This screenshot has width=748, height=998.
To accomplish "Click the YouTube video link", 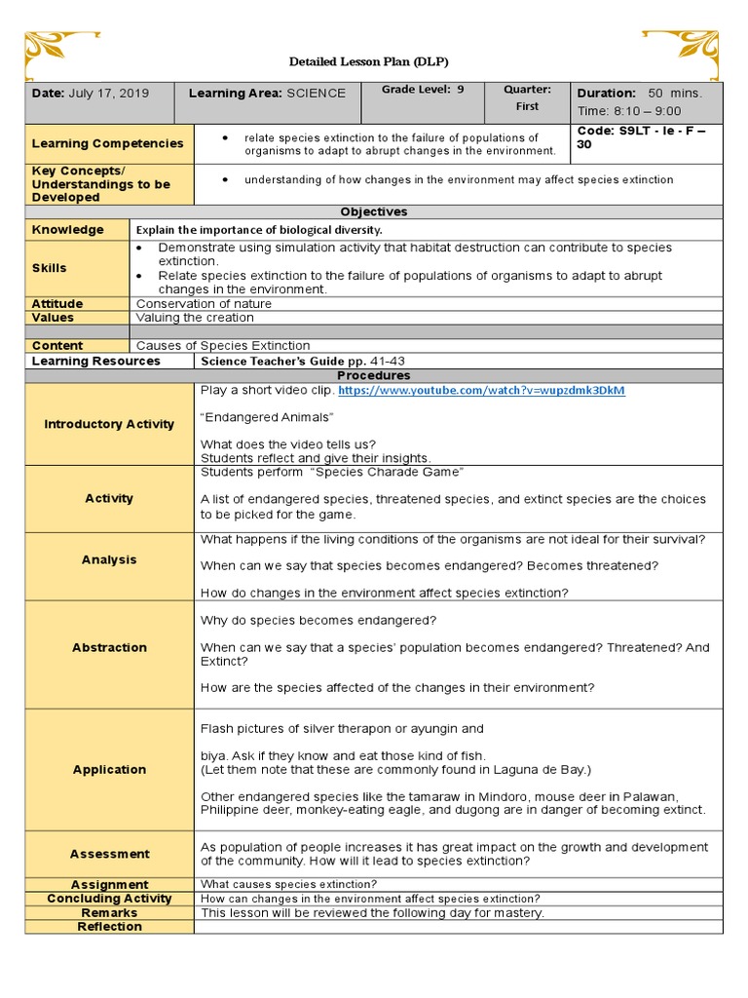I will (x=481, y=391).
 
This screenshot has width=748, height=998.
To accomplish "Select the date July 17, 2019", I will (x=91, y=94).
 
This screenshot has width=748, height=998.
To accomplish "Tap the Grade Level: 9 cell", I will (x=423, y=90).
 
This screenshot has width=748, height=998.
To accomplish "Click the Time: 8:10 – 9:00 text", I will (x=629, y=111).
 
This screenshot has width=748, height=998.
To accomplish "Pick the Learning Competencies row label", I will (x=107, y=143).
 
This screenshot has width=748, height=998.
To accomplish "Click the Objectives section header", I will (x=374, y=211).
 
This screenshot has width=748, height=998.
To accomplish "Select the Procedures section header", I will (x=374, y=375).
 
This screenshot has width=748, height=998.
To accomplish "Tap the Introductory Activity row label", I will (x=109, y=424).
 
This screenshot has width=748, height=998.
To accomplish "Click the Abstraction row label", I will (x=109, y=647).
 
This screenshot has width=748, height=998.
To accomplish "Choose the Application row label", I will (x=109, y=769).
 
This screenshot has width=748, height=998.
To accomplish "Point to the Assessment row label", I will (x=109, y=854).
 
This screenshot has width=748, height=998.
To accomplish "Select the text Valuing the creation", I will (x=195, y=318).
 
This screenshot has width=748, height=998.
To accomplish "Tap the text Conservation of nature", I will (x=204, y=304).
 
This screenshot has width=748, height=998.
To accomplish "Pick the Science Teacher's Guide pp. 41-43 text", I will (x=302, y=361).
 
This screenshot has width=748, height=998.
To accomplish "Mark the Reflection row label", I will (x=109, y=927).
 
